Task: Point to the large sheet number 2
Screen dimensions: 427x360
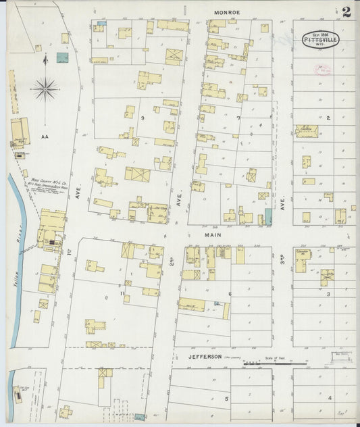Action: click(346, 11)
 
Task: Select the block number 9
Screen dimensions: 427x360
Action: click(143, 118)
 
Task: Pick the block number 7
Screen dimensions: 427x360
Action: click(238, 118)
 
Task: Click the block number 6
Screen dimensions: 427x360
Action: click(230, 293)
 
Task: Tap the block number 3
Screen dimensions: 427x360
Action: click(328, 294)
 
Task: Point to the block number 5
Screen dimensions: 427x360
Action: click(226, 399)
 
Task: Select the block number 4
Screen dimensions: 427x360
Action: click(329, 398)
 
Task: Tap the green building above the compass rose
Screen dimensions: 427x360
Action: click(62, 58)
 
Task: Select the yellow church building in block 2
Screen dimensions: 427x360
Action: click(307, 130)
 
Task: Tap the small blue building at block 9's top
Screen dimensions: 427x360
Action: click(101, 24)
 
